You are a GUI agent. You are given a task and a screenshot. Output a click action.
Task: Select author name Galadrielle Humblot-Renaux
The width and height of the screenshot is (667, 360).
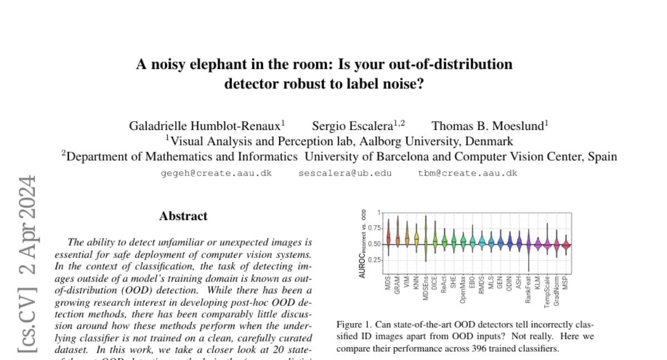tap(205, 126)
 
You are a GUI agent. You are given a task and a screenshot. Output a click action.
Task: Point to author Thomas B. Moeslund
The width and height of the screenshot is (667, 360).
tap(488, 126)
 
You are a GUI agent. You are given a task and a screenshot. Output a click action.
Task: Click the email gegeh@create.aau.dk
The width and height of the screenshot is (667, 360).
tap(216, 173)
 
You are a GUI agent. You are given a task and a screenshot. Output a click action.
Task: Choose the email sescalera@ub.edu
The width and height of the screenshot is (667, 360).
tap(345, 173)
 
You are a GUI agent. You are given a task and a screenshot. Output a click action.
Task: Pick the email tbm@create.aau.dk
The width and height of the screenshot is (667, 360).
tap(467, 173)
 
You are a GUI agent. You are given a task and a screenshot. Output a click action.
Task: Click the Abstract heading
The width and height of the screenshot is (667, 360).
tap(183, 216)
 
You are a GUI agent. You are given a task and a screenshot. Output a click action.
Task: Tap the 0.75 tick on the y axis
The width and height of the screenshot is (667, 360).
tap(374, 228)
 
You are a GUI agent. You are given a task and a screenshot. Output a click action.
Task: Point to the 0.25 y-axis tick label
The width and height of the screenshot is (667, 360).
tap(374, 259)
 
